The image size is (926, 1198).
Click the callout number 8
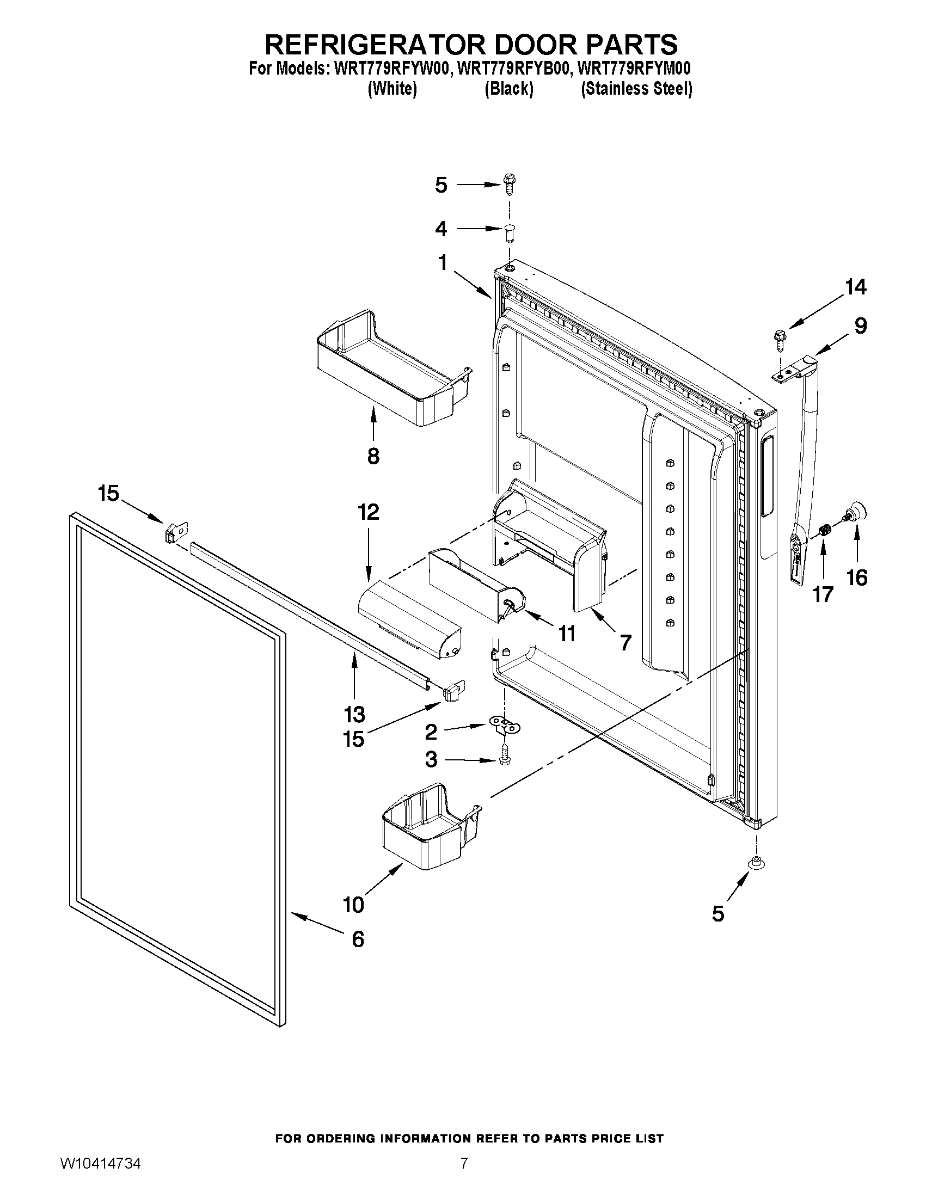coord(373,456)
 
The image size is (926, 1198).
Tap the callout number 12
coord(368,512)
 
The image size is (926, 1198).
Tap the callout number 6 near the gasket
coord(358,939)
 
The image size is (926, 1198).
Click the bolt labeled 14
coord(780,339)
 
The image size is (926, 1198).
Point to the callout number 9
coord(861,326)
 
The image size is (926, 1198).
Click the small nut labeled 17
coord(823,530)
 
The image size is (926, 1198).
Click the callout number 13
coord(354,714)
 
